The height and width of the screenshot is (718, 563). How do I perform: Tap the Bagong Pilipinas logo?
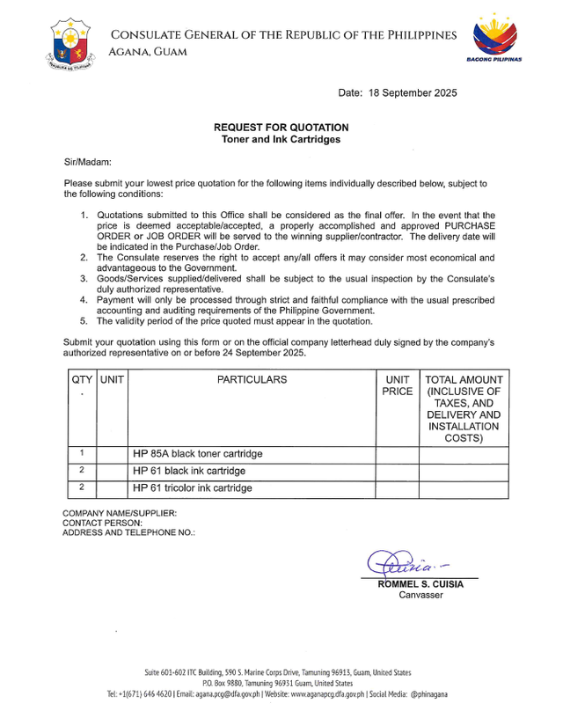coord(498,40)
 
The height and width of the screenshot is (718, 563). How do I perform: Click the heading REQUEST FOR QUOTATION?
coord(280,128)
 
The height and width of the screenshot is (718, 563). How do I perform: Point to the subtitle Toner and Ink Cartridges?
coord(280,139)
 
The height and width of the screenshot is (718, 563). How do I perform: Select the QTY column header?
coord(81,380)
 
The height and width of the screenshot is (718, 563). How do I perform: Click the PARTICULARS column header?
coord(252,380)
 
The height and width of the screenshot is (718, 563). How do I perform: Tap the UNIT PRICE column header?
coord(397,385)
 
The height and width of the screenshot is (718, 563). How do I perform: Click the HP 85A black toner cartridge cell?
coord(198,454)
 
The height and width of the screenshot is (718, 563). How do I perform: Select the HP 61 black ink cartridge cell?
coord(189,471)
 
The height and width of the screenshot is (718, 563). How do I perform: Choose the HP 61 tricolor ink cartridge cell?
coord(193,487)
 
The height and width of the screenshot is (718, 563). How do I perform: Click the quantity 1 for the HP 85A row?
coord(81,454)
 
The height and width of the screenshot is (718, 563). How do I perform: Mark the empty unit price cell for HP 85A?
coord(397,454)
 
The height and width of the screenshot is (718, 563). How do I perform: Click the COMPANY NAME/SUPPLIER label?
coord(120,513)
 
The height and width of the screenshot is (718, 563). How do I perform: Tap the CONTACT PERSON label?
coord(102,523)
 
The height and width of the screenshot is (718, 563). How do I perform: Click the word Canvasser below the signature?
coord(420,595)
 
